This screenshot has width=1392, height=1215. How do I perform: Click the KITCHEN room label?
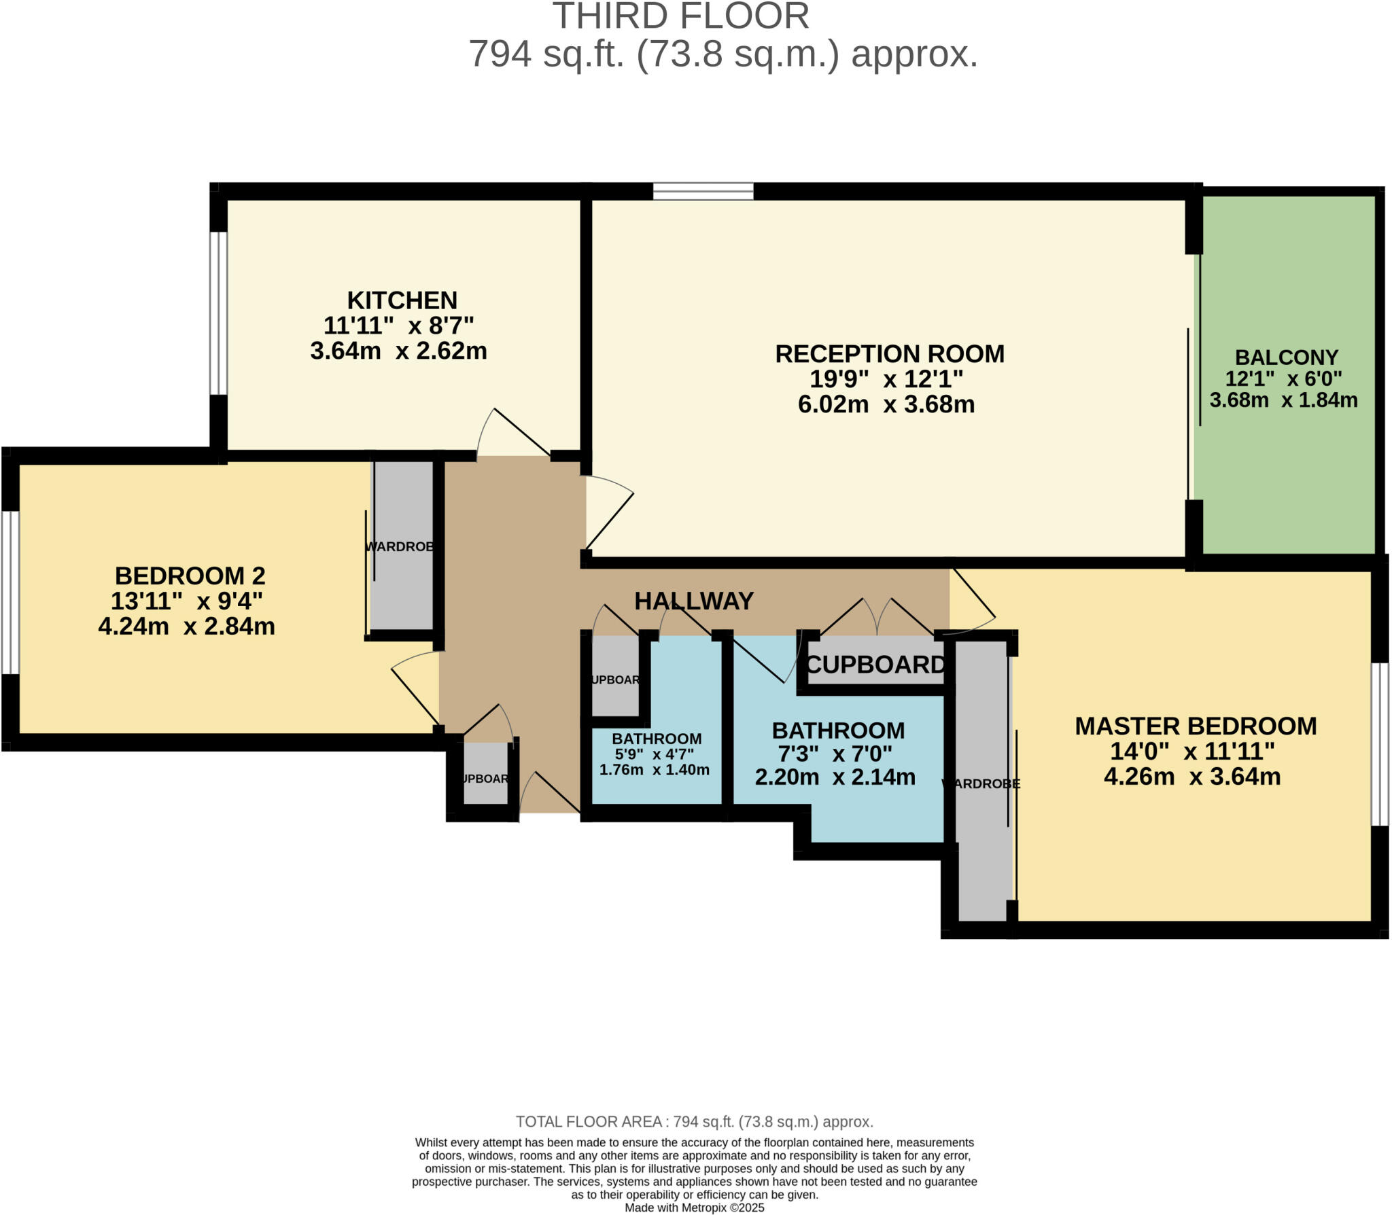pos(402,300)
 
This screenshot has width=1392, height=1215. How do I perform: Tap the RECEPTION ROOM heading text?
pos(889,354)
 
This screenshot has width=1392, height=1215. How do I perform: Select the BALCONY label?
pos(1286,357)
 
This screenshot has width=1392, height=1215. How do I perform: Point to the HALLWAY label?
pos(693,601)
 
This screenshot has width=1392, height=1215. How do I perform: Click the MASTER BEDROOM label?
pos(1195,726)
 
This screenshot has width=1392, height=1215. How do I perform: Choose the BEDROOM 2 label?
pos(190,576)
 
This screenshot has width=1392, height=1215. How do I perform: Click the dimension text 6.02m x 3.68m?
pos(886,404)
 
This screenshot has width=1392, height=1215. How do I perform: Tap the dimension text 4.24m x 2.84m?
pos(186,626)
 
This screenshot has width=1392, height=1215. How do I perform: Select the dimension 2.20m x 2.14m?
pos(835,777)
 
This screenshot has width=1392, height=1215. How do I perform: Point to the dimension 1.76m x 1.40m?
pos(654,770)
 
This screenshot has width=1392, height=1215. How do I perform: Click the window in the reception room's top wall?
pos(703,192)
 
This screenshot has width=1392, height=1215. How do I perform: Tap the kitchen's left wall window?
pos(217,313)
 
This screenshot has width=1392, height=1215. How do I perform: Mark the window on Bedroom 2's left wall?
pos(10,592)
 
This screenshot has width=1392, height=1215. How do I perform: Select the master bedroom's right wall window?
pos(1379,743)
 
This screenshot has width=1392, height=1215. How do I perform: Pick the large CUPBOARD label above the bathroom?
pos(875,665)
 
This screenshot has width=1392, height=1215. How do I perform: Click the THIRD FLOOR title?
pos(680,16)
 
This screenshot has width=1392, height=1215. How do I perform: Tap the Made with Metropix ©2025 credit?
pos(694,1208)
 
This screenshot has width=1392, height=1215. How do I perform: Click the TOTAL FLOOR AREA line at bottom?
pos(694,1122)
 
